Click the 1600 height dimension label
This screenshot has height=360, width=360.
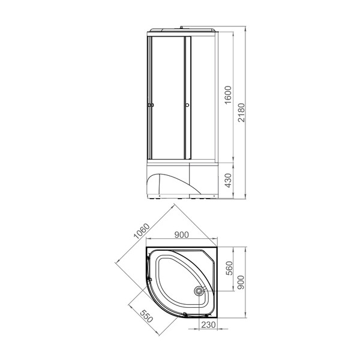click(x=228, y=95)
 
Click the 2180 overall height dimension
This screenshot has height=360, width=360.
click(x=241, y=113)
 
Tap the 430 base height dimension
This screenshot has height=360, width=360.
click(x=229, y=180)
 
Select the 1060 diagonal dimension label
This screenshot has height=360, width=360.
click(x=142, y=231)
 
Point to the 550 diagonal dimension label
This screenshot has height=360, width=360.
click(x=146, y=316)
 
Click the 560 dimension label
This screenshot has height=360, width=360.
click(x=229, y=268)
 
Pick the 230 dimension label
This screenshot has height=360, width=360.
click(x=208, y=325)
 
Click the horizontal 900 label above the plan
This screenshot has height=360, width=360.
click(x=181, y=235)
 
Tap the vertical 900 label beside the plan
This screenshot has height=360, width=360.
click(x=241, y=282)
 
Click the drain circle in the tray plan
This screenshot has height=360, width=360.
click(x=198, y=291)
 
